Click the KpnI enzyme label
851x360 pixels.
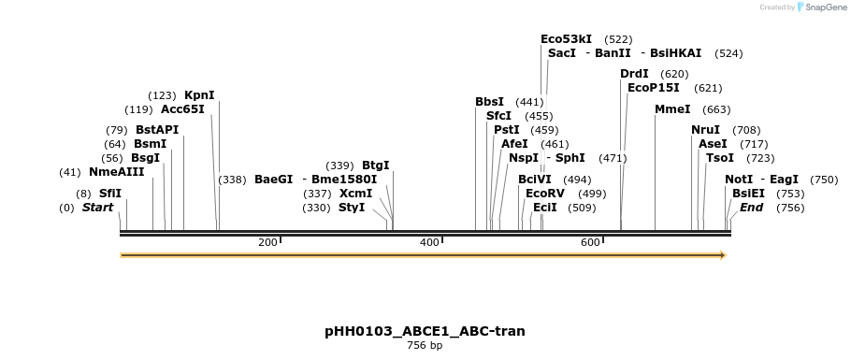pos(200,95)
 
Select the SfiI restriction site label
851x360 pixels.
pos(110,194)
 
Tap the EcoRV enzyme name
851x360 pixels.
pos(545,194)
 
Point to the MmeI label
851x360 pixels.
pos(672,109)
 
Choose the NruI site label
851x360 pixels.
pos(705,130)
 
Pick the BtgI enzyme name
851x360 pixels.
pos(376,166)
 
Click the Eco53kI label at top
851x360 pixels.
pos(566,39)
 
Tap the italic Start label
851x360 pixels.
pos(97,208)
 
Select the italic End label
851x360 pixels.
pos(751,208)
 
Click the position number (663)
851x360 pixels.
pos(716,110)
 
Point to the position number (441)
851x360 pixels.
pos(529,102)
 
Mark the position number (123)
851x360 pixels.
pos(162,96)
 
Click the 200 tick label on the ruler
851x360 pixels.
pos(267,243)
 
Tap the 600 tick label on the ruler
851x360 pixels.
pos(590,243)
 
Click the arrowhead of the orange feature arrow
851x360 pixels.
pos(723,255)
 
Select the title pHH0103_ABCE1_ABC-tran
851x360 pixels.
pos(425,331)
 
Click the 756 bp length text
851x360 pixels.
pos(425,345)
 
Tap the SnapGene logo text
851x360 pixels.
pos(826,7)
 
